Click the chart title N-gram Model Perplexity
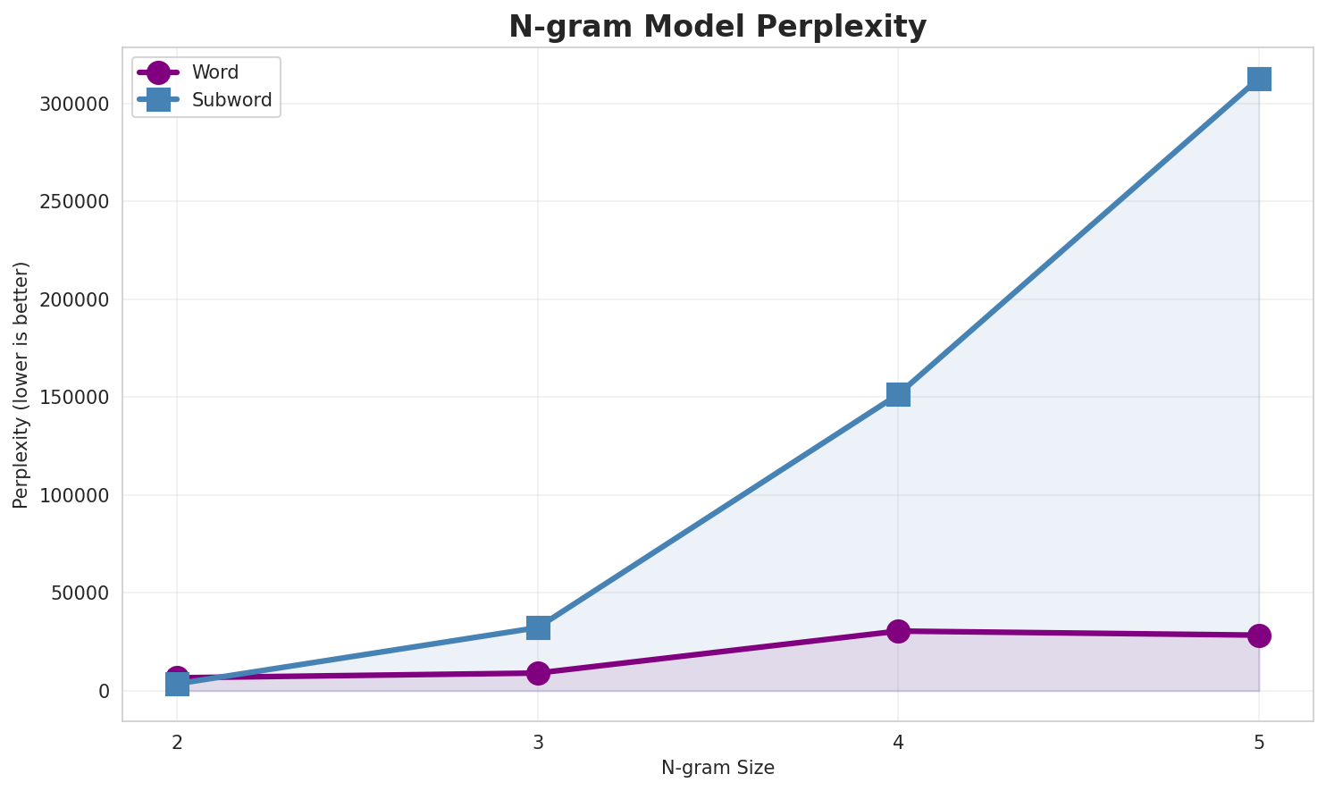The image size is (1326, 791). tap(718, 27)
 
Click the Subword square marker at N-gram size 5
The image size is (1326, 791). tap(1259, 80)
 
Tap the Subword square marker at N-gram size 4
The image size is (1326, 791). tap(898, 394)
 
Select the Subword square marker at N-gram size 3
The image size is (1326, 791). tap(538, 627)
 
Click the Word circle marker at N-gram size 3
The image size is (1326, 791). tap(538, 673)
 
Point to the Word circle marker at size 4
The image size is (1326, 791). tap(898, 631)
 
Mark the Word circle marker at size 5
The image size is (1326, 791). tap(1259, 635)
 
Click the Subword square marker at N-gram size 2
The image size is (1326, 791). tap(177, 685)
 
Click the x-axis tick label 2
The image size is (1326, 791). tap(177, 742)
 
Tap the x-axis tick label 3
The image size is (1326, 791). tap(538, 742)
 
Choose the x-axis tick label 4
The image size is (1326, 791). tap(898, 742)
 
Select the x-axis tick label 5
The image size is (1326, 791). tap(1259, 742)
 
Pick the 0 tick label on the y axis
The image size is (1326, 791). tap(104, 692)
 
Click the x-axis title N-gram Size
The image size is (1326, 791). tap(718, 768)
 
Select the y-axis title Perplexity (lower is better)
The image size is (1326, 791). tap(21, 385)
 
